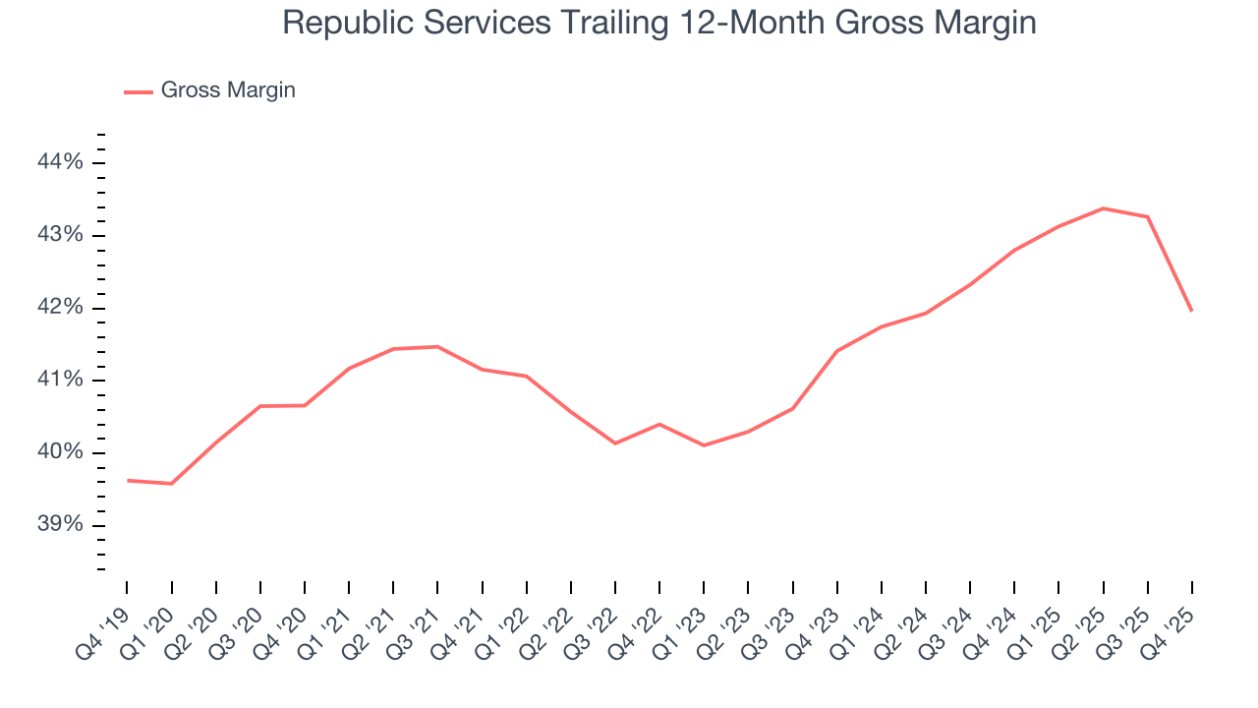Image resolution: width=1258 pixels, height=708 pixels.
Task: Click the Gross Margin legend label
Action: [x=228, y=90]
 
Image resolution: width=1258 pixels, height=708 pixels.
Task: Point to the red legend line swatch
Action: [x=139, y=91]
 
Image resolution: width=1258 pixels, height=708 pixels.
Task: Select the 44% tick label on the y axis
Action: [x=59, y=162]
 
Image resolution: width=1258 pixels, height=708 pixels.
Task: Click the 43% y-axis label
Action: [x=59, y=235]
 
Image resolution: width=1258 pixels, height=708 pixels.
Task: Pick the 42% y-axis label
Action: [x=59, y=308]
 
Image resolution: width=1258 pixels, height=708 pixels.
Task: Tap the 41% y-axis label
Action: [x=59, y=381]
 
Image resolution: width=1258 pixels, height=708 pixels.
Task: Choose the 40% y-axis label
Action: [x=59, y=452]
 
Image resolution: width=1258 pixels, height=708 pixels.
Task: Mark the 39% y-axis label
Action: [x=59, y=525]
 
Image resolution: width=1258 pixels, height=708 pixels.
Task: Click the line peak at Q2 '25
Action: [x=1104, y=208]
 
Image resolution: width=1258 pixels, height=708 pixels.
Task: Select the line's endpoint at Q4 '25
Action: [x=1192, y=311]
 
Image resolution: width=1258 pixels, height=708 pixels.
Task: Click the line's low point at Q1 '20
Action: [x=172, y=484]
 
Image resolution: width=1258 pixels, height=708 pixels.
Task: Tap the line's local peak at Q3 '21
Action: [x=437, y=346]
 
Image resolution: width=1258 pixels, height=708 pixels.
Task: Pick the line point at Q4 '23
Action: [x=836, y=351]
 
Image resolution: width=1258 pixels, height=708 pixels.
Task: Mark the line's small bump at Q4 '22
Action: [x=659, y=424]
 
